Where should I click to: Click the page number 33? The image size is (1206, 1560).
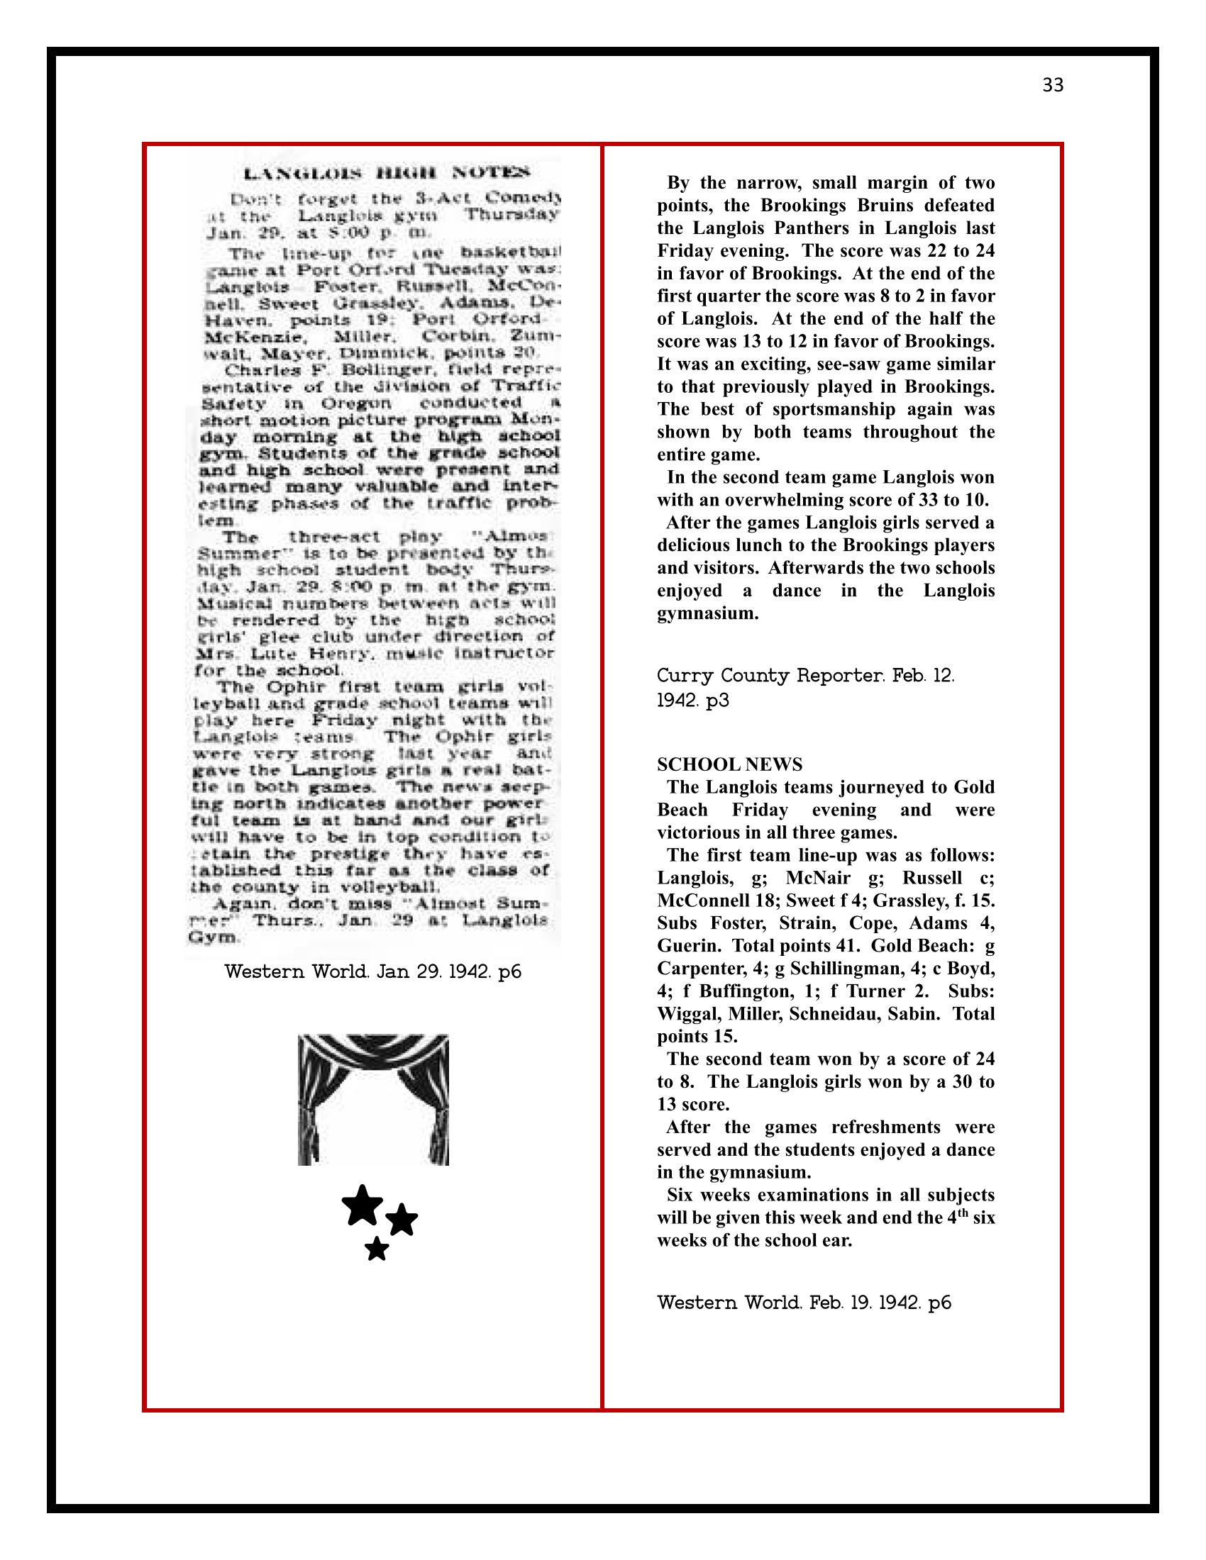click(1052, 86)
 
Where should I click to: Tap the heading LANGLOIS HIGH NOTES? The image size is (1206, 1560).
click(387, 173)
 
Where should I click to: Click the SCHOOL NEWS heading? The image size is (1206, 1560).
click(729, 765)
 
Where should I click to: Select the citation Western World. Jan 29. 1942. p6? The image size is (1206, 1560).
click(372, 971)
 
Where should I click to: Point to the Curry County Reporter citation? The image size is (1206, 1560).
click(805, 687)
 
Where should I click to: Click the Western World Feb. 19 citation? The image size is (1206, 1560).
click(804, 1302)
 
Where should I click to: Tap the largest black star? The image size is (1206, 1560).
click(363, 1205)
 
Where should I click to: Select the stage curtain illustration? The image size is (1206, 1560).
click(373, 1099)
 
